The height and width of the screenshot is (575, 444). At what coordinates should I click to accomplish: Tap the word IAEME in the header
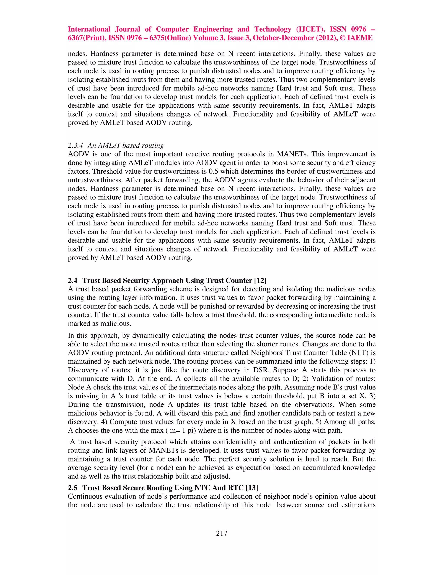click(360, 38)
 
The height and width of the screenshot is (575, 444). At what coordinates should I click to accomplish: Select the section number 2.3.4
click(75, 146)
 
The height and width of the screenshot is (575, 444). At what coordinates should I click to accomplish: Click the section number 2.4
click(73, 281)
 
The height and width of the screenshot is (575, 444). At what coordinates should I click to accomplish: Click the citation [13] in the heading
click(252, 488)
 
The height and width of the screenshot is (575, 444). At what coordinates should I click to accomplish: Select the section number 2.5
click(73, 488)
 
